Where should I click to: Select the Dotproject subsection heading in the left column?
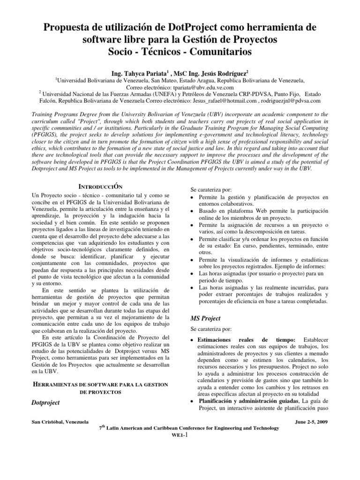46,403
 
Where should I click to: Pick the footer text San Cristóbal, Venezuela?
60,421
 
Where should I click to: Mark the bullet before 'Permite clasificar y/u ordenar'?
193,239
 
